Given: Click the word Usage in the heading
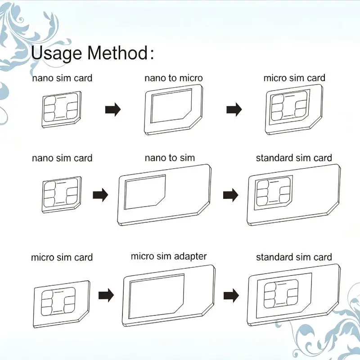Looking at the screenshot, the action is click(x=57, y=54).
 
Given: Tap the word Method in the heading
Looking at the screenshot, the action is click(x=118, y=53).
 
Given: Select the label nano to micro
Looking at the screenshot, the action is click(x=174, y=78).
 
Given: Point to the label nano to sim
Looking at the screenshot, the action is click(x=170, y=158).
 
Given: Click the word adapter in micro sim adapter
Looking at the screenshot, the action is click(x=190, y=256).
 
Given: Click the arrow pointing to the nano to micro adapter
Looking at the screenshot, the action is click(x=113, y=109).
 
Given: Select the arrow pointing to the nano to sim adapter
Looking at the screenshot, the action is click(x=100, y=195).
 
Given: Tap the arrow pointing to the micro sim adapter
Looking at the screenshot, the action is click(x=106, y=295).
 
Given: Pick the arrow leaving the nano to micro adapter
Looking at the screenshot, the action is click(x=234, y=109).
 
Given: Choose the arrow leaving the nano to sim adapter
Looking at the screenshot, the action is click(x=230, y=195).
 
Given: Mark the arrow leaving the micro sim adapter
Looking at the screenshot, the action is click(x=231, y=296).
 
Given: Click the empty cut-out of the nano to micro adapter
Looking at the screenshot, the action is click(x=171, y=106).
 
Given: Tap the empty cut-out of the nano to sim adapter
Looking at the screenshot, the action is click(x=144, y=192).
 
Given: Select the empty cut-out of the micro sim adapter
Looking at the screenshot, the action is click(x=156, y=297).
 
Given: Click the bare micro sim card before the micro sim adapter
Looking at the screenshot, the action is click(x=61, y=304).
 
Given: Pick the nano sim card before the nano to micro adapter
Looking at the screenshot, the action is click(x=62, y=109).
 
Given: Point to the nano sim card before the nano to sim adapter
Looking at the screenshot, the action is click(x=62, y=195).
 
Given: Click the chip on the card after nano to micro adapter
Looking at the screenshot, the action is click(x=289, y=106).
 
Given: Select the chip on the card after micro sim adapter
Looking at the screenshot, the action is click(x=281, y=294).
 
